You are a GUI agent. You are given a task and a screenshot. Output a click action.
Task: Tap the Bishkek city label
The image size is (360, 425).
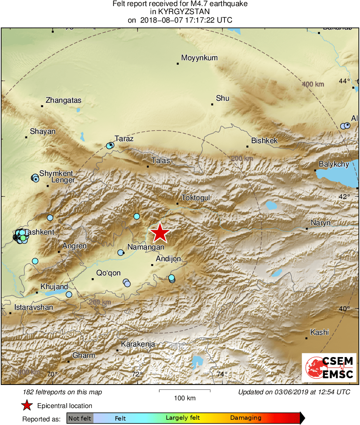265,141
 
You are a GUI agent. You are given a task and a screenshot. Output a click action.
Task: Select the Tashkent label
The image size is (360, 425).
39,232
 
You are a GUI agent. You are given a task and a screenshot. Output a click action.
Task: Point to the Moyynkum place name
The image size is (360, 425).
199,58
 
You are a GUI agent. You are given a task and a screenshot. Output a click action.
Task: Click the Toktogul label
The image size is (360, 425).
196,198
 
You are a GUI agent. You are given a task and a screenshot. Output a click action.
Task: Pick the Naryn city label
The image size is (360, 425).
321,223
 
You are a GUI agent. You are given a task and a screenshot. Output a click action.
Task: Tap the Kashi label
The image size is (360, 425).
320,332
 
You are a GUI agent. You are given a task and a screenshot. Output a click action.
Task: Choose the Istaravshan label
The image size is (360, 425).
34,307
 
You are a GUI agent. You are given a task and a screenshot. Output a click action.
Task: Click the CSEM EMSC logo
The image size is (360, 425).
329,367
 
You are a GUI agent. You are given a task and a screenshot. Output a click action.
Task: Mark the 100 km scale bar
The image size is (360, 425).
184,391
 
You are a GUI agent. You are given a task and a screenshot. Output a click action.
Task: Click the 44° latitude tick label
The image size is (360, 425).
345,81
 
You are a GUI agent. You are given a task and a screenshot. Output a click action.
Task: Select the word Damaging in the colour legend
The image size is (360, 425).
246,418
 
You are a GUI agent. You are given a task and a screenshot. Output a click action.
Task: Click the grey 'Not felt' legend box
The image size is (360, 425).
80,418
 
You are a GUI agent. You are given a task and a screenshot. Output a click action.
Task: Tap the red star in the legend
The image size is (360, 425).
27,406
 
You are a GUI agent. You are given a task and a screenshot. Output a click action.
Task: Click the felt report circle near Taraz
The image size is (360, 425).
110,145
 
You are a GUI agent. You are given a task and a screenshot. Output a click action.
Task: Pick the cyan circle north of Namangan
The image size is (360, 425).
137,216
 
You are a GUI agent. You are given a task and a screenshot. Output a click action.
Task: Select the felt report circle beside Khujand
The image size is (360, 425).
69,294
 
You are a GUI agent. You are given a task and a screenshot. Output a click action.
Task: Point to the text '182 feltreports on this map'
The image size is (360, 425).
63,392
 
